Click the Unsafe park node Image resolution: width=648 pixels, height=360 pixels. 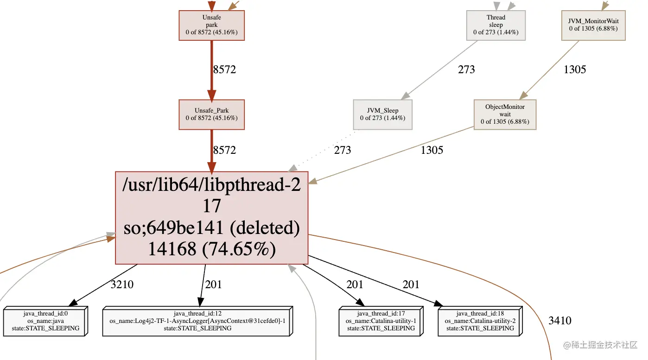pyautogui.click(x=211, y=25)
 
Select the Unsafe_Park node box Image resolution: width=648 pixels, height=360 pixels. pyautogui.click(x=211, y=114)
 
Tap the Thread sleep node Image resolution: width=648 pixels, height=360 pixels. pyautogui.click(x=496, y=25)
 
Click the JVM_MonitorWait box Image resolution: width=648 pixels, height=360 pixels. pyautogui.click(x=593, y=25)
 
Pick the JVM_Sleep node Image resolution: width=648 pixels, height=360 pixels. pyautogui.click(x=383, y=114)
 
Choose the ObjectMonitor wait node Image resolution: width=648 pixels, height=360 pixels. pyautogui.click(x=505, y=114)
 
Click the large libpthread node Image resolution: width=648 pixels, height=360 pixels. pyautogui.click(x=211, y=218)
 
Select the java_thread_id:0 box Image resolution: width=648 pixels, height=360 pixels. pyautogui.click(x=45, y=321)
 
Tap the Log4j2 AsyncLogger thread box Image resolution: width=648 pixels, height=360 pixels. pyautogui.click(x=197, y=321)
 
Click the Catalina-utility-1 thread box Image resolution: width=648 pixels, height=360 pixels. pyautogui.click(x=381, y=321)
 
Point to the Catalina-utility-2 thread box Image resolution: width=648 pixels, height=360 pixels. pyautogui.click(x=480, y=321)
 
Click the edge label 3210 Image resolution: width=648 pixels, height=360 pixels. pyautogui.click(x=122, y=284)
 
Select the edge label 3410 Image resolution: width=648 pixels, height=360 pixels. pyautogui.click(x=560, y=320)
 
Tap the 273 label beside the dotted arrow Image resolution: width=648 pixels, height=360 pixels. pyautogui.click(x=343, y=150)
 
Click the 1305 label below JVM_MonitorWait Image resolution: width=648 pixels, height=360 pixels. pyautogui.click(x=575, y=69)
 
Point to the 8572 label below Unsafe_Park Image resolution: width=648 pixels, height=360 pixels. pyautogui.click(x=224, y=150)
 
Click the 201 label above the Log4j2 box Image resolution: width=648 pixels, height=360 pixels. pyautogui.click(x=214, y=284)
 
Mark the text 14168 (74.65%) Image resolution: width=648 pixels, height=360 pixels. pyautogui.click(x=212, y=249)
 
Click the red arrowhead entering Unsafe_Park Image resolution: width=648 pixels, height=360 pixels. pyautogui.click(x=211, y=95)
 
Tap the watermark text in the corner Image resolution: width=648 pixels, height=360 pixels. pyautogui.click(x=600, y=345)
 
